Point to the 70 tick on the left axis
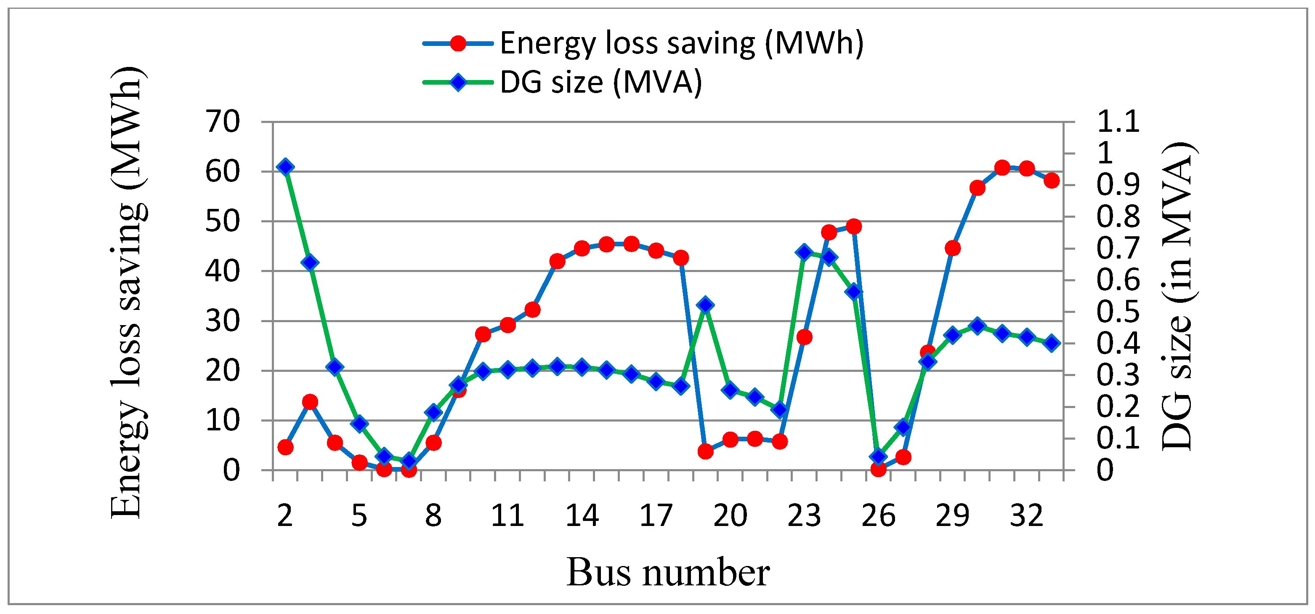(x=223, y=122)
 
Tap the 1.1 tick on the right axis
(x=1118, y=122)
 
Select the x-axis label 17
(x=656, y=515)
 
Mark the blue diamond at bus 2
(x=285, y=167)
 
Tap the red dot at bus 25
(x=853, y=226)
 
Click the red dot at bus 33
(x=1051, y=180)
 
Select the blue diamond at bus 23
(x=805, y=252)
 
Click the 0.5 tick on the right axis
(x=1118, y=312)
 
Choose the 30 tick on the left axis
(x=223, y=321)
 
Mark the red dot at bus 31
(x=1002, y=168)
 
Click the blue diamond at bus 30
(x=977, y=326)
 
